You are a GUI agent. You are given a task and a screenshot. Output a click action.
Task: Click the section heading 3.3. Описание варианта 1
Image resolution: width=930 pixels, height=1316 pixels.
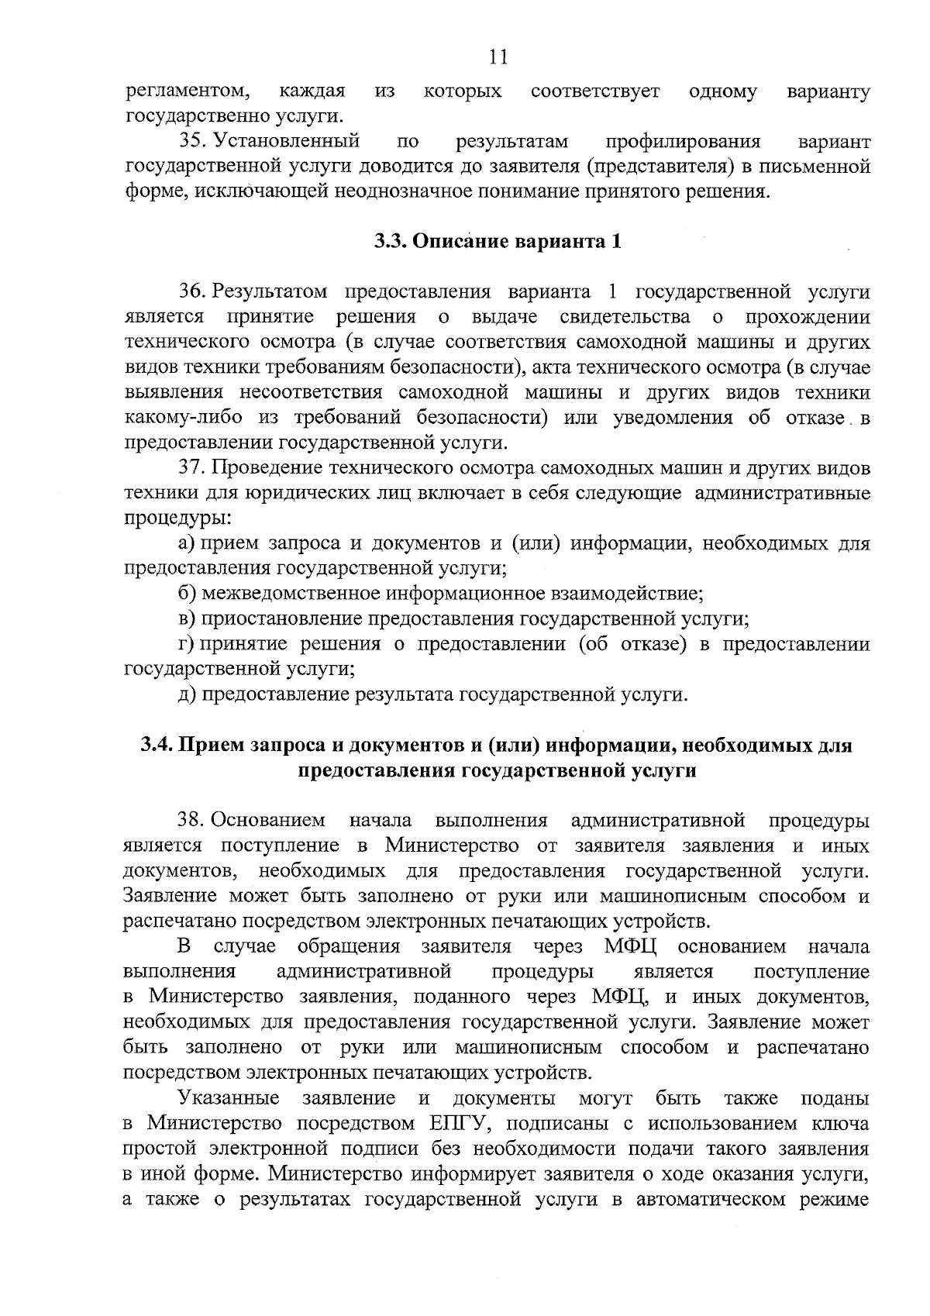[x=497, y=241]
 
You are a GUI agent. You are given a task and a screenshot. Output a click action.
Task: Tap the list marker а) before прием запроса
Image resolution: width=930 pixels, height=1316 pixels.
[x=185, y=543]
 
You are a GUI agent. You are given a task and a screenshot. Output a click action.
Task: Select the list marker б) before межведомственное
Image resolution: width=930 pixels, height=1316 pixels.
[x=186, y=594]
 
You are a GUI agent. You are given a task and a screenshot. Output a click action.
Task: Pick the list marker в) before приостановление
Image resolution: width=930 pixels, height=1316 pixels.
[x=185, y=618]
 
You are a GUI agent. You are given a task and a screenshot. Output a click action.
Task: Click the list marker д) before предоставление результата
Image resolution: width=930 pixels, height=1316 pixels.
[x=186, y=694]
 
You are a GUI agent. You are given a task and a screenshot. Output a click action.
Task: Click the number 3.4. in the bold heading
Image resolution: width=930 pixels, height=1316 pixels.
[x=157, y=746]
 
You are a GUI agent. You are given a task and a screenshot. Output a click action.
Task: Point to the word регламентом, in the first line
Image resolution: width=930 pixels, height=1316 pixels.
[x=187, y=91]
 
